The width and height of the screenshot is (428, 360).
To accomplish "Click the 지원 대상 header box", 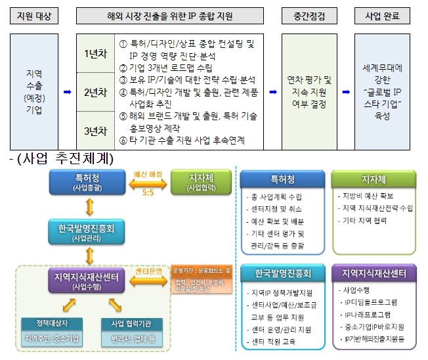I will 33,14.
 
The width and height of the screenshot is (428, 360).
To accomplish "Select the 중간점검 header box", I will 309,14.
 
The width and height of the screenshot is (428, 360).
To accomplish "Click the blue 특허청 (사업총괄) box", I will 87,182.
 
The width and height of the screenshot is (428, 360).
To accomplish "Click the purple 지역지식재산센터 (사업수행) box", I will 87,281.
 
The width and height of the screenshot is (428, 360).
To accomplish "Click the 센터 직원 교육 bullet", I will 275,342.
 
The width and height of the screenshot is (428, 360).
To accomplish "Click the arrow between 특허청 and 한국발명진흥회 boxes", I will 87,207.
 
